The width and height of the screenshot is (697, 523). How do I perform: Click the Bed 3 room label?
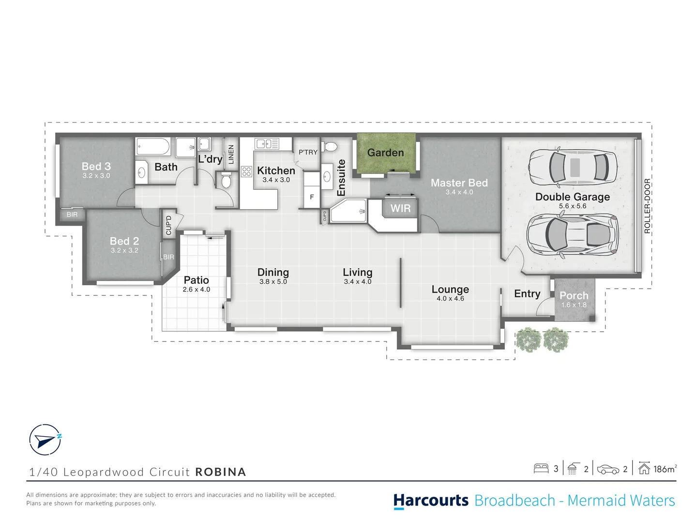coord(96,166)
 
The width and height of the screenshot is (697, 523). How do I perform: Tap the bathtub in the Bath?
coord(153,147)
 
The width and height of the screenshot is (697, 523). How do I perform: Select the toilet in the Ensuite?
coord(331,146)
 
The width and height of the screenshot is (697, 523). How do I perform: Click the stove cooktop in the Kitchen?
coord(246,171)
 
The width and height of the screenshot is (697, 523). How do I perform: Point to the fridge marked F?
coord(312,197)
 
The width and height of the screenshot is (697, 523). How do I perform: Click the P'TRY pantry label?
coord(308,152)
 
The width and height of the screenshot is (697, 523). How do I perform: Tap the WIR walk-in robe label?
coord(400,208)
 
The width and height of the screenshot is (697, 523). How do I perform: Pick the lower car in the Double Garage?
coord(573,234)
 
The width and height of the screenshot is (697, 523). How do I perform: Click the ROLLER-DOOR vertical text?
coord(647,206)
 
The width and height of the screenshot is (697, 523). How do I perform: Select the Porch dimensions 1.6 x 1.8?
coord(574,305)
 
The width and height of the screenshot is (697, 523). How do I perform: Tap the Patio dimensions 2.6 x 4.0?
coord(196,290)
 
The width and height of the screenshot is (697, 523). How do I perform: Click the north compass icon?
coord(45,440)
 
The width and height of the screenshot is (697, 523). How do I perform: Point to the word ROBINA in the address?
coord(221,472)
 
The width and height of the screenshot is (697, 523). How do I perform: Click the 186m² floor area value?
coord(665,469)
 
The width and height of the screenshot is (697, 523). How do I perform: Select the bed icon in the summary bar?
coord(541,468)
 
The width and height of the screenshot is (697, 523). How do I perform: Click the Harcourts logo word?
coord(431,500)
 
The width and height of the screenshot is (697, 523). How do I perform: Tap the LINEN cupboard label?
coord(231,154)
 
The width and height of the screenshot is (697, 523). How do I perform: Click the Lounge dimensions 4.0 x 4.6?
coord(450,299)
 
